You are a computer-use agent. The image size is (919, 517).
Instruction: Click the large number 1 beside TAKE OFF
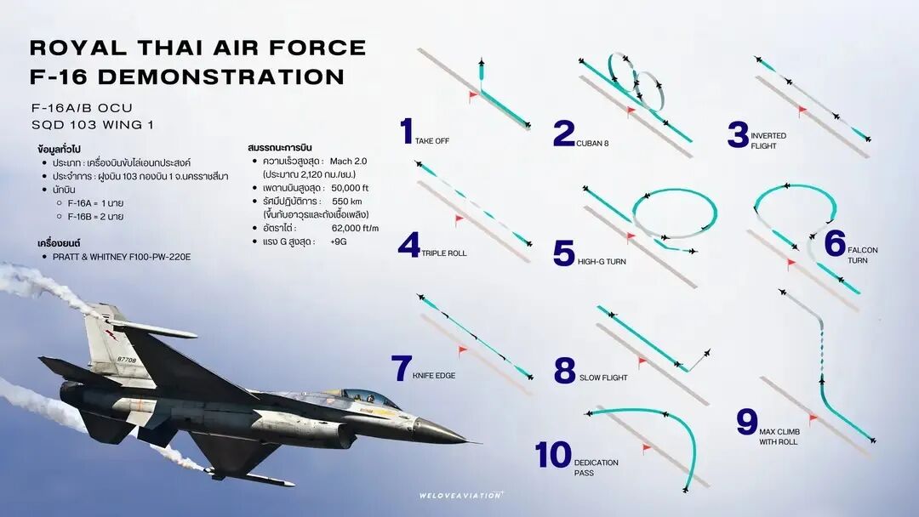(407, 133)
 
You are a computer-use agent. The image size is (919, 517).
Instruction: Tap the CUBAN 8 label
(593, 143)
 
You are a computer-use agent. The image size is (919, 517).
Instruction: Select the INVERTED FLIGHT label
(768, 140)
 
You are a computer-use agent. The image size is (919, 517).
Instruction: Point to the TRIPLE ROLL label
(444, 253)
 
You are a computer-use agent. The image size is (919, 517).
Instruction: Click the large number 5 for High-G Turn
(563, 253)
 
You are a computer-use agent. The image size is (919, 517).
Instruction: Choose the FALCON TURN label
(862, 255)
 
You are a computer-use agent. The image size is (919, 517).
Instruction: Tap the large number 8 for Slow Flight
(564, 371)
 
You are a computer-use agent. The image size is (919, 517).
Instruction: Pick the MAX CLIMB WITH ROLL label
(779, 437)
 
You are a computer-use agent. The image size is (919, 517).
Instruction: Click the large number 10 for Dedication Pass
(553, 456)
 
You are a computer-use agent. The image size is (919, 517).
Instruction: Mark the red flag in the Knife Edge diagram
(463, 349)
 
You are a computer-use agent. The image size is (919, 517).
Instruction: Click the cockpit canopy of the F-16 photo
(367, 396)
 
